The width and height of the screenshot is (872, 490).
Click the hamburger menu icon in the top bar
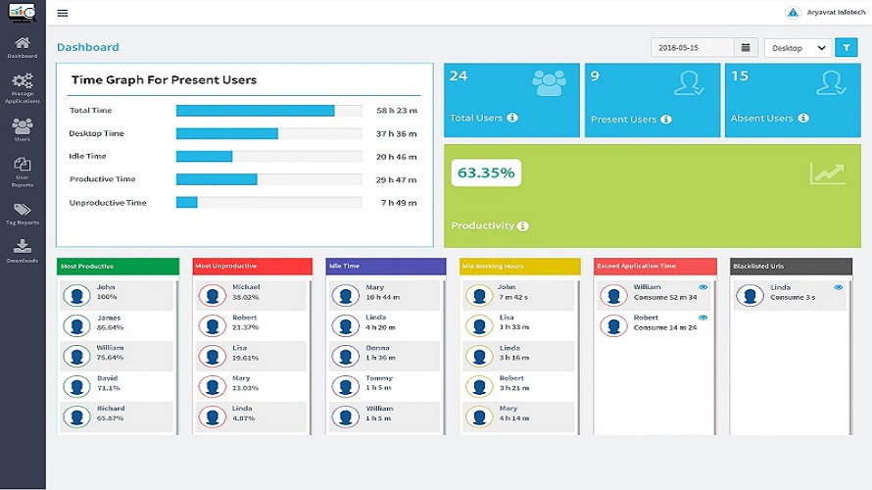coord(63,14)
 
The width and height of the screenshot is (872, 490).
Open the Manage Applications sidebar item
coord(22,87)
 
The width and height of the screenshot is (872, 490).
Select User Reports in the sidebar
coord(22,172)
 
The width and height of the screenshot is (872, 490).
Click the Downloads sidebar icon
coord(22,251)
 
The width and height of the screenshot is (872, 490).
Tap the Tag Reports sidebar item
coord(22,214)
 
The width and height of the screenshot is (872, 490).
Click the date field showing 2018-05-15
coord(692,47)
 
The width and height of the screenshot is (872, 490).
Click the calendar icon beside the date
coord(746,47)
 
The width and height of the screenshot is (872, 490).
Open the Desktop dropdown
coord(798,47)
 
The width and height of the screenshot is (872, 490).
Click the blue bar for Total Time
coord(255,111)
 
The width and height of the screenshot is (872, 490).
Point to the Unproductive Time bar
coord(187,203)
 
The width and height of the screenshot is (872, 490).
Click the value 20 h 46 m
coord(397,157)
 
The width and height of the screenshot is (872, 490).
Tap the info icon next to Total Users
coord(512,119)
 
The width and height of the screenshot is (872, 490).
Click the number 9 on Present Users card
coord(595,76)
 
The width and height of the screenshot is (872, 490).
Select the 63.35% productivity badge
coord(486,173)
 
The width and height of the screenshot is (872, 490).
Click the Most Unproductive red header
coord(252,266)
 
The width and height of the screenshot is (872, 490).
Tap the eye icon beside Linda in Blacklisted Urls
coord(838,287)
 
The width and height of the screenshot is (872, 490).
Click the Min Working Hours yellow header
coord(519,266)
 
